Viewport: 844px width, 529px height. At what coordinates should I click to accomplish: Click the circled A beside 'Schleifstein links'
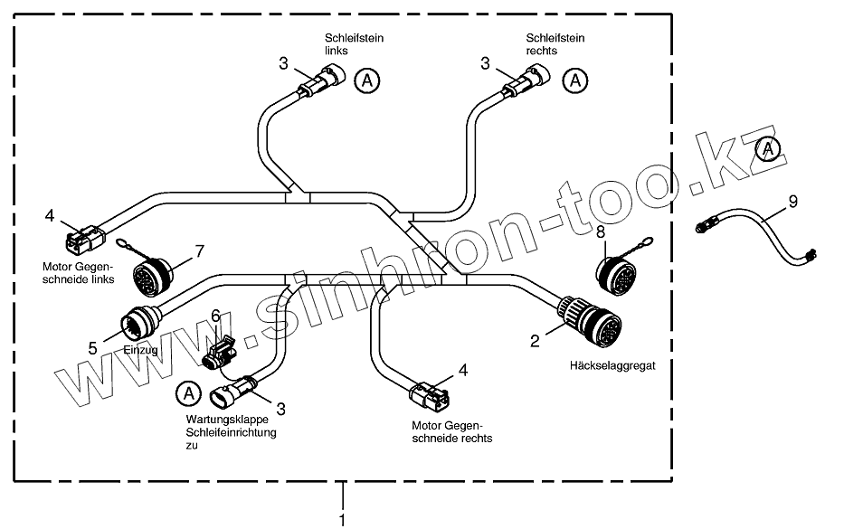365,80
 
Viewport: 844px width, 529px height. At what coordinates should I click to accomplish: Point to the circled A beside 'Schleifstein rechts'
573,80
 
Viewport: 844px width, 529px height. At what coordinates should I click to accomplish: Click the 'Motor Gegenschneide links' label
78,272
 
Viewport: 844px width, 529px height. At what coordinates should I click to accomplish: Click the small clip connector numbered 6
219,352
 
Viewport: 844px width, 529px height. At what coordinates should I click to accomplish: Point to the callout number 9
792,202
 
